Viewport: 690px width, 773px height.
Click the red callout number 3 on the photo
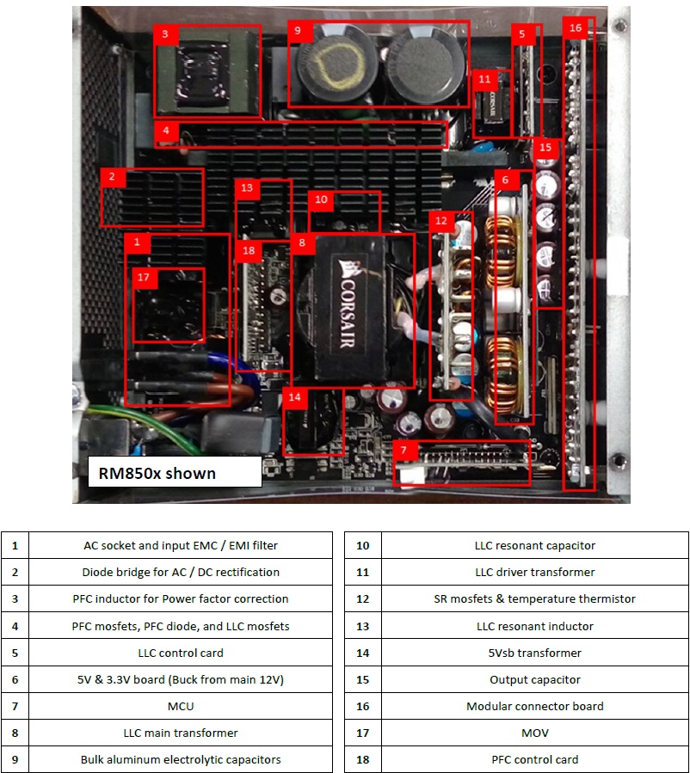(x=165, y=34)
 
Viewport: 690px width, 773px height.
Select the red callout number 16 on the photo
(x=576, y=28)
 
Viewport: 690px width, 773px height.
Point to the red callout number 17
(x=144, y=278)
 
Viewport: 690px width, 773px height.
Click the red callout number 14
(x=295, y=397)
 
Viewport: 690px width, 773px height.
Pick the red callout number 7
(x=405, y=451)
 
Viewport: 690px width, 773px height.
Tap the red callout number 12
(x=441, y=221)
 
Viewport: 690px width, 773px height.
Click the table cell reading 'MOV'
(x=534, y=733)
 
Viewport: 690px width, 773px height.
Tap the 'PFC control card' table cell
(x=534, y=759)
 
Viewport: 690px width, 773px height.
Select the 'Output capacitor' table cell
(x=534, y=679)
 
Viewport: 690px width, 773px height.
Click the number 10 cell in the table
(x=363, y=545)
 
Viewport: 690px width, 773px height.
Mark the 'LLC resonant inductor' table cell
(x=534, y=626)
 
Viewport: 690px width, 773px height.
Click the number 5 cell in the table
(x=15, y=653)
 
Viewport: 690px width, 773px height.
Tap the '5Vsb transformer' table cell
(x=534, y=653)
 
